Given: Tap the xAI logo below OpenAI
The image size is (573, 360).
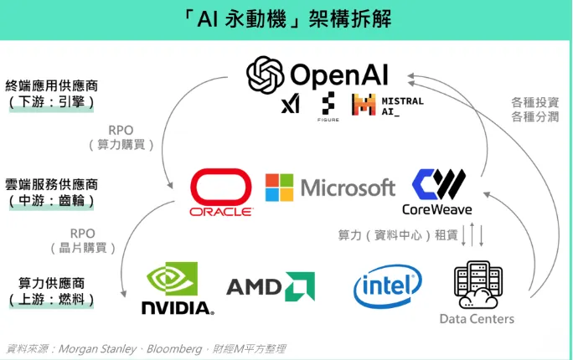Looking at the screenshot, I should [290, 105].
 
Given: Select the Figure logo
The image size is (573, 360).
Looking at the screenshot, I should [328, 105].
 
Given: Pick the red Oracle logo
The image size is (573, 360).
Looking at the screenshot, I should [220, 193].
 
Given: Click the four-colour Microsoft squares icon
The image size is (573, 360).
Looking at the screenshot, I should [280, 188].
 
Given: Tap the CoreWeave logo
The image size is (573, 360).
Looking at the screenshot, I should [436, 192].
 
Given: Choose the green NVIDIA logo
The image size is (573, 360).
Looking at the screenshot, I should [176, 289].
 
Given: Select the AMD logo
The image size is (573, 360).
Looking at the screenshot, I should [269, 287].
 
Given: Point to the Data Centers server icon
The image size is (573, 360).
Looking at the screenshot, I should [477, 285].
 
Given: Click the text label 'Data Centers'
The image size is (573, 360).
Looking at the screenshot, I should [477, 319].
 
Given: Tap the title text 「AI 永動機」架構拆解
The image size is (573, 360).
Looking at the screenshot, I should [287, 18].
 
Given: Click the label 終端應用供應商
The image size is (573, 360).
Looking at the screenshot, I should [51, 85].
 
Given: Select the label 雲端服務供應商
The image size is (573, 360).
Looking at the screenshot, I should [51, 184].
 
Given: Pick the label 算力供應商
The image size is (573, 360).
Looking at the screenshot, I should [51, 283].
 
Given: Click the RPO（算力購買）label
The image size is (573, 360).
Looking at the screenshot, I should [121, 137].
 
